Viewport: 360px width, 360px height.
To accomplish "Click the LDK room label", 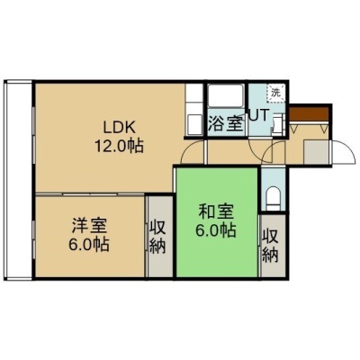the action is click(120, 128).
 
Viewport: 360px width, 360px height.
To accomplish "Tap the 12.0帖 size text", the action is click(119, 146).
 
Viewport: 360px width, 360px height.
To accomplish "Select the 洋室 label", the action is click(89, 226).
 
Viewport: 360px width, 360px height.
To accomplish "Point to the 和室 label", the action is click(216, 211).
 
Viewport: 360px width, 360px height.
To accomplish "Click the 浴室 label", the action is click(225, 123).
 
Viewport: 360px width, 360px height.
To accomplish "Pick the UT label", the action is click(259, 115).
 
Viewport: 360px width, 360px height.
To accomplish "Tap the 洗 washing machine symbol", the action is click(275, 93).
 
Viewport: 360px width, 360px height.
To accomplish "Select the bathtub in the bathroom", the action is click(226, 95).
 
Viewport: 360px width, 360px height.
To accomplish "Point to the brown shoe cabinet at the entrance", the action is click(309, 114).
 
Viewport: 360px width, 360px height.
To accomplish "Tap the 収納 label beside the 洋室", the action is click(157, 238).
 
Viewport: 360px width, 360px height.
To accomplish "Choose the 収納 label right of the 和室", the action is click(271, 247).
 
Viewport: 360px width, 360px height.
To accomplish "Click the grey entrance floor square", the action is click(317, 152).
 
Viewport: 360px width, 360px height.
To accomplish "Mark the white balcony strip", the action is click(18, 180).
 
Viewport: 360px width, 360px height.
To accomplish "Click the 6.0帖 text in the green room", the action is click(216, 230).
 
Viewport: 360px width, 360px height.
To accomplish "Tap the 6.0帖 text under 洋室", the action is click(89, 244).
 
